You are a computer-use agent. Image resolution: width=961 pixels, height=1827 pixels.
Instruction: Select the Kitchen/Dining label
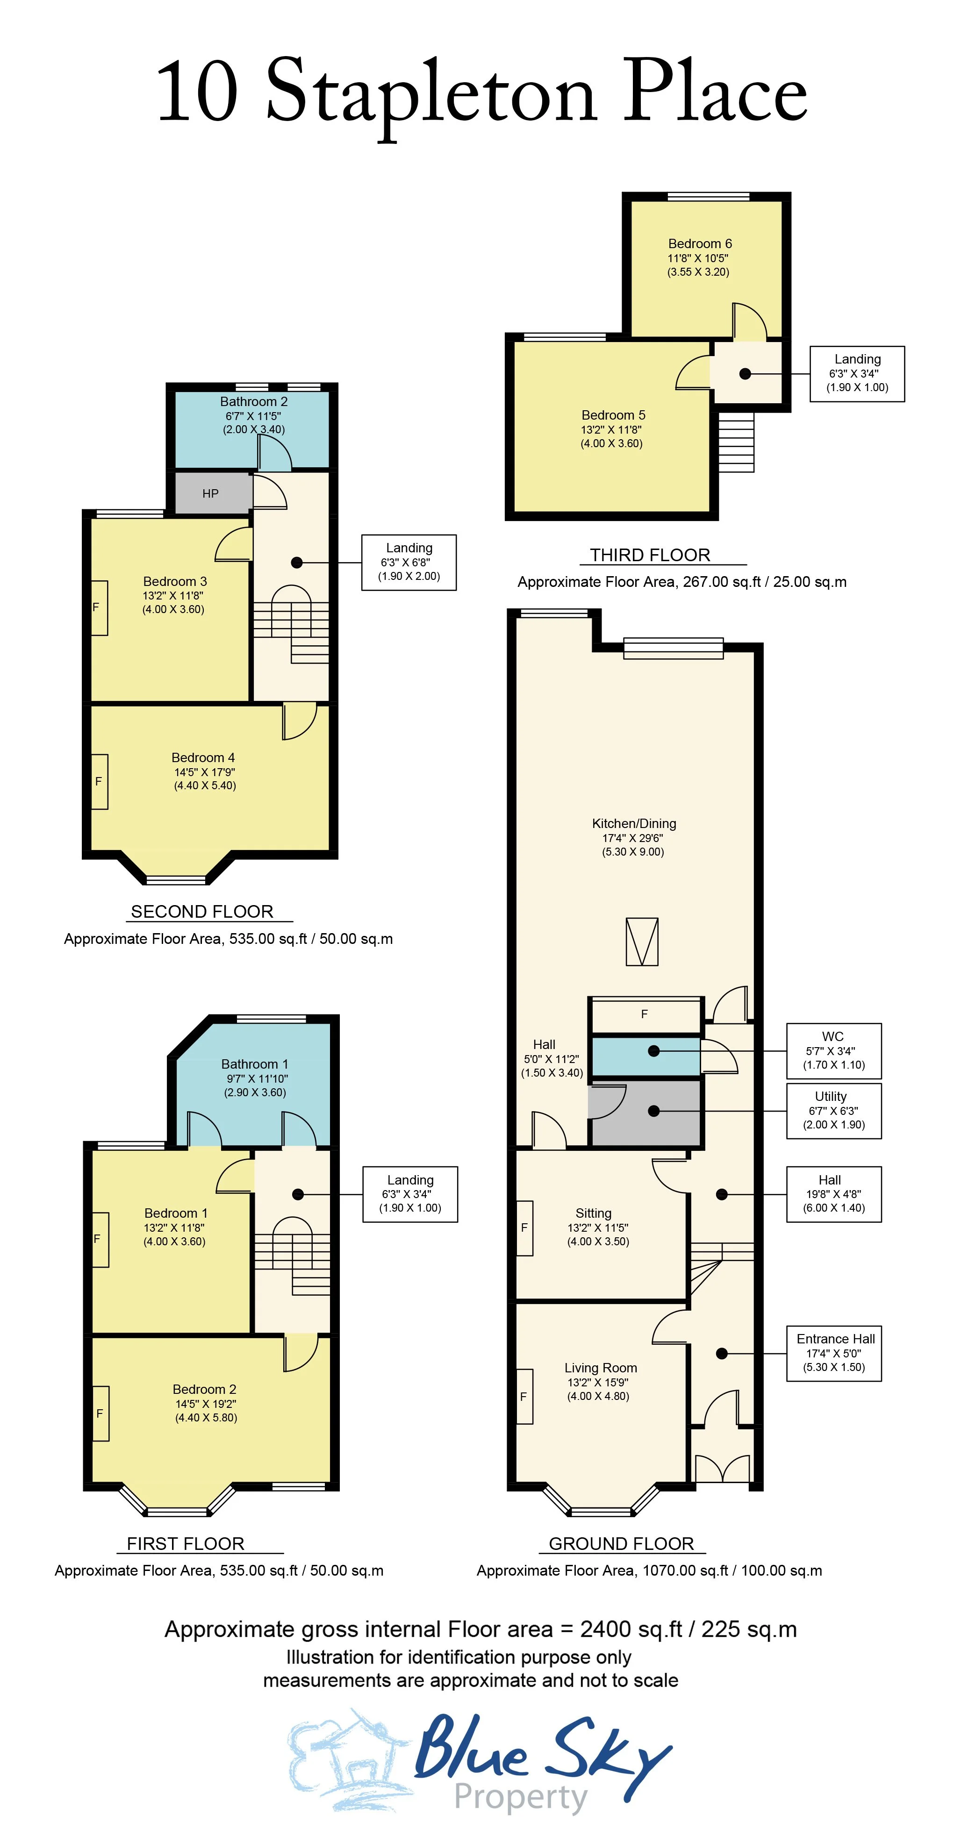(634, 823)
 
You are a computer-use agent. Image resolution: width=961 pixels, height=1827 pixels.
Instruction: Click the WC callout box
(833, 1050)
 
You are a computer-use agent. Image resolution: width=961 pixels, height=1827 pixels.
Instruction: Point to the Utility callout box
(833, 1111)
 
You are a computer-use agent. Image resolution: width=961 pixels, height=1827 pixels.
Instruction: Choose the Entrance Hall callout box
(833, 1353)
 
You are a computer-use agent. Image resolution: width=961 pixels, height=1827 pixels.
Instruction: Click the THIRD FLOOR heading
(650, 555)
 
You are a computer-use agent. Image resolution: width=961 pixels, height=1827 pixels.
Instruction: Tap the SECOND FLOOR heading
(202, 911)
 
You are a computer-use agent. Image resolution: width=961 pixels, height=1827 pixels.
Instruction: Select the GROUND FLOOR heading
(621, 1543)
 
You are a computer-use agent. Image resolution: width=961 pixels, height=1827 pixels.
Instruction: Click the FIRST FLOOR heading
(185, 1543)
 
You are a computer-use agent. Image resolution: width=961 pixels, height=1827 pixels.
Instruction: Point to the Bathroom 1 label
(255, 1064)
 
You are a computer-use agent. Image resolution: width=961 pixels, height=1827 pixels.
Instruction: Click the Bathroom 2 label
(253, 401)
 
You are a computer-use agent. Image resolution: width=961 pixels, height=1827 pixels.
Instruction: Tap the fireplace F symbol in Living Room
(524, 1397)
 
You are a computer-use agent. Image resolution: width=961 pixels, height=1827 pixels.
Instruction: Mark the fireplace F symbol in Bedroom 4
(99, 781)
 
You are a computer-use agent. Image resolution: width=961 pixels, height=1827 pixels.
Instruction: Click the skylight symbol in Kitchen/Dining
(642, 942)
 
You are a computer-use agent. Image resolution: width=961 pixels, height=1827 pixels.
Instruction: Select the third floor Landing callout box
(857, 374)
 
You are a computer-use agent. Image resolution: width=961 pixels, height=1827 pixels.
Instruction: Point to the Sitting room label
(594, 1213)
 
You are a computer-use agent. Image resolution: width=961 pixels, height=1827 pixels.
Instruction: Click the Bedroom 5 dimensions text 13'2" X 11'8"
(611, 429)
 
